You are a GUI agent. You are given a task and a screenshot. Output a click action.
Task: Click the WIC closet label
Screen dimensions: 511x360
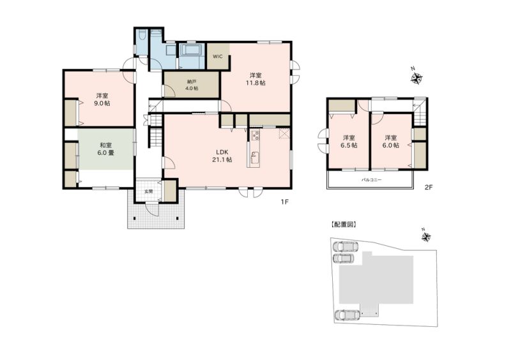coord(218,56)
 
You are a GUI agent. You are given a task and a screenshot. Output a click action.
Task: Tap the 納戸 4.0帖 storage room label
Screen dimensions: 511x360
coord(191,85)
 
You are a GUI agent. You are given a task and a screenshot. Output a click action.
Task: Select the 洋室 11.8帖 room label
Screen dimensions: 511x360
coord(256,79)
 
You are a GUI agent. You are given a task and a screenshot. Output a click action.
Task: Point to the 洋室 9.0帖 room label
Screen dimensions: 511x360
coord(103,100)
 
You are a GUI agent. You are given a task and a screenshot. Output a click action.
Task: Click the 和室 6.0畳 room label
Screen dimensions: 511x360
coord(107,149)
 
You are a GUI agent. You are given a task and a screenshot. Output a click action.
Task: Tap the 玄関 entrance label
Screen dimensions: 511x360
coord(148,191)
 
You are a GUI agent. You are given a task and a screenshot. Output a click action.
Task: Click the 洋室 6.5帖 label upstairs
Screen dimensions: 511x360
coord(349,142)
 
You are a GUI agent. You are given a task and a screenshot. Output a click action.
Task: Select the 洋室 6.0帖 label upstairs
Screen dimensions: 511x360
coord(390,142)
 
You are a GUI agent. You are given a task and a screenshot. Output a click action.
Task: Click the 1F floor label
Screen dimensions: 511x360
coord(285,202)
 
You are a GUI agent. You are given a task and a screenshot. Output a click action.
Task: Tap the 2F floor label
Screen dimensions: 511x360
coord(428,187)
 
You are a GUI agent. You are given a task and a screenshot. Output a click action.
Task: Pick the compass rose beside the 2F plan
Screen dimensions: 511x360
coord(416,78)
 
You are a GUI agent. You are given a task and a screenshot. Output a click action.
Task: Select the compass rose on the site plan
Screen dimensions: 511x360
coord(426,237)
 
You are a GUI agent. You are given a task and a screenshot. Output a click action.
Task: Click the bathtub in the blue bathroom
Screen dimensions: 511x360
coord(192,51)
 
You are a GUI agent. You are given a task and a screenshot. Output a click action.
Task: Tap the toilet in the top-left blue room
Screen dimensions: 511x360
coord(142,35)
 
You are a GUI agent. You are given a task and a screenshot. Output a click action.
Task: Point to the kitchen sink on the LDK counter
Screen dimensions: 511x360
coord(254,157)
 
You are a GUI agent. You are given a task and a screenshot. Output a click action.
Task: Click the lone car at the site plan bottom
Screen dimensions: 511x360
coord(347,315)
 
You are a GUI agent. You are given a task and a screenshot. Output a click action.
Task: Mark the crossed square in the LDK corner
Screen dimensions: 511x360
coord(284,133)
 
